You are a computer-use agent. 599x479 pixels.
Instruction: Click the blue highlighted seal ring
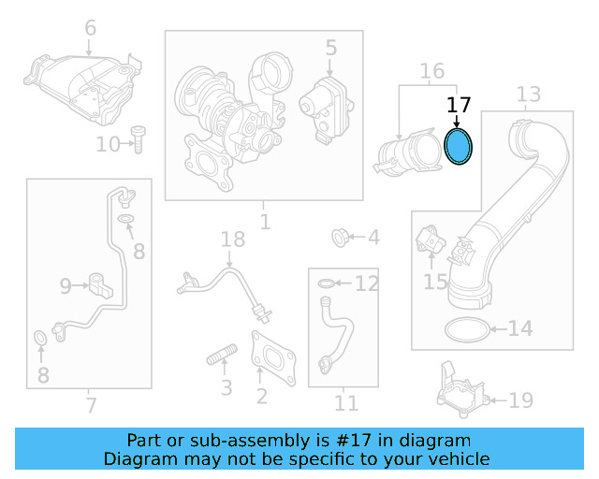click(x=458, y=147)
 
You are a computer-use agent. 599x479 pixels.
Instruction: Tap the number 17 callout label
click(x=459, y=106)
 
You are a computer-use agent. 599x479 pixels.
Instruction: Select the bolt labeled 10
click(x=138, y=140)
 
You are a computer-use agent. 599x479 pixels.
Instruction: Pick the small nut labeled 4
click(x=343, y=238)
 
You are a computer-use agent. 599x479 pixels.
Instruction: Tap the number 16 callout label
click(x=431, y=71)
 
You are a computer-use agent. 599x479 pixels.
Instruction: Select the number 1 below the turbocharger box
click(x=265, y=222)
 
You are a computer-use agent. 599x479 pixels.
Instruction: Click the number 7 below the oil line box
click(x=91, y=405)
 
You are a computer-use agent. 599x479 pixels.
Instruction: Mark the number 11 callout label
click(x=346, y=403)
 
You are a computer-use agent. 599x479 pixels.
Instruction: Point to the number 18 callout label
click(x=232, y=241)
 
